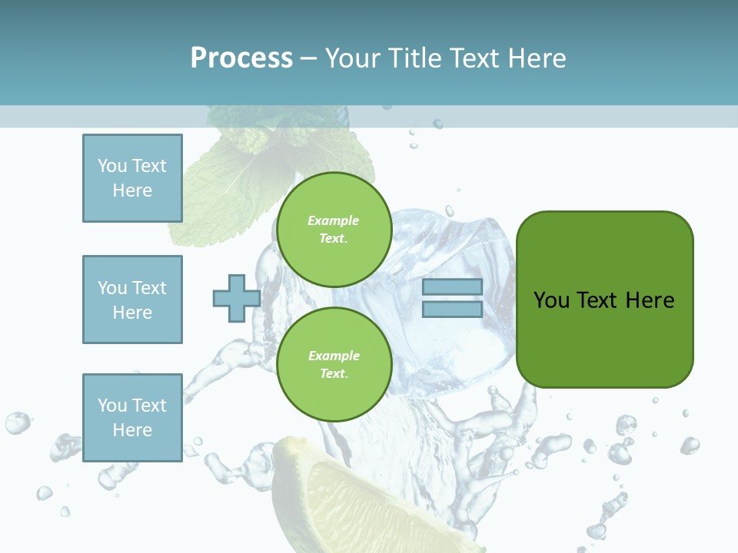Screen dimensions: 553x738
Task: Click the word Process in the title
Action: (x=241, y=58)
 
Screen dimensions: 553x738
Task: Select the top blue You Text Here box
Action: (x=132, y=178)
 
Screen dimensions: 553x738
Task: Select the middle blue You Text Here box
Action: (x=132, y=300)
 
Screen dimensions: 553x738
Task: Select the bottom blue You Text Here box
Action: (x=132, y=417)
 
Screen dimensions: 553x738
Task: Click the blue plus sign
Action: (x=236, y=298)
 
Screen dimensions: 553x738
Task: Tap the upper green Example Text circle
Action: (x=334, y=230)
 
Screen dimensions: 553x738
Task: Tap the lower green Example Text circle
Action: (x=334, y=364)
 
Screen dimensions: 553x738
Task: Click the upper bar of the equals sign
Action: (x=452, y=287)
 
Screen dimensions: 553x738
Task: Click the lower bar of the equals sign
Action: (x=452, y=310)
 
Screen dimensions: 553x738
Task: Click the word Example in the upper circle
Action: (x=334, y=220)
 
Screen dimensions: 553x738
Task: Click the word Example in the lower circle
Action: (x=334, y=356)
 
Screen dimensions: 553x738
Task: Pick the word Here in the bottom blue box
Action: (x=132, y=430)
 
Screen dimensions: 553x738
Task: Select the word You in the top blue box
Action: (x=111, y=166)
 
